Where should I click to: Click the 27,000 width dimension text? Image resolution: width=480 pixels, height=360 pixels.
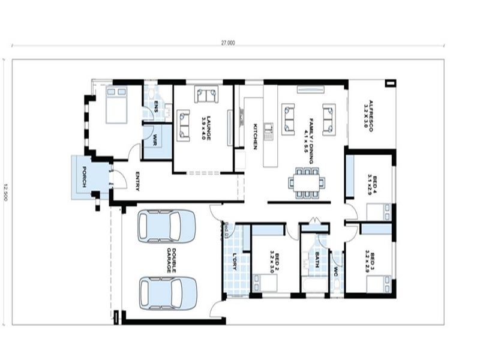[228, 43]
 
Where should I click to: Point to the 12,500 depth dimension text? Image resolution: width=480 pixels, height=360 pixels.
[5, 191]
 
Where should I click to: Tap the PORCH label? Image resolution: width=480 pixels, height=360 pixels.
[85, 177]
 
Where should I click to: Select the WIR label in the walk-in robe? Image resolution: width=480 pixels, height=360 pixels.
[155, 140]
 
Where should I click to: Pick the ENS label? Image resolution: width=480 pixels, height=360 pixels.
[155, 107]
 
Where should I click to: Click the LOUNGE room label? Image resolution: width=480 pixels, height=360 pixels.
[204, 127]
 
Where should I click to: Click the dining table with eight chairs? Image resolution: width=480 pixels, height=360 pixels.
[305, 182]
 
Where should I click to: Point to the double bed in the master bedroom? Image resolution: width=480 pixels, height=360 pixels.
[116, 104]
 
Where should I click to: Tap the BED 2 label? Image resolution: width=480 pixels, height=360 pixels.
[274, 261]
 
